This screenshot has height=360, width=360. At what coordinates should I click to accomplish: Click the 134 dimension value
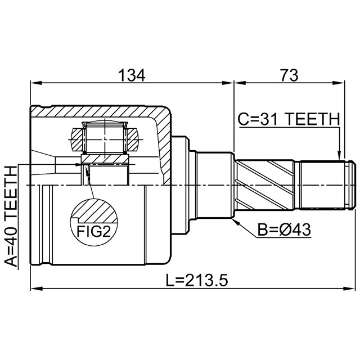(132, 75)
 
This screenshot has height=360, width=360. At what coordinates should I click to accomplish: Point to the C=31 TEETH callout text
(289, 119)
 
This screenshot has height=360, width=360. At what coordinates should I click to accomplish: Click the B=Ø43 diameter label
(284, 229)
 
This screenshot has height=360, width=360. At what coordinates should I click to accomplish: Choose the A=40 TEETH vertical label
(11, 216)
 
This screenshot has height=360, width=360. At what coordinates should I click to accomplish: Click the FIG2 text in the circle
(93, 231)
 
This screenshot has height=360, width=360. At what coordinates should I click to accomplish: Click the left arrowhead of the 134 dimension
(36, 83)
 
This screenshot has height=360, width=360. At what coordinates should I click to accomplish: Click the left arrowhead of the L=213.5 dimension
(36, 289)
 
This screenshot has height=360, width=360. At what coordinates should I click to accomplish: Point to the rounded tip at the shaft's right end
(353, 185)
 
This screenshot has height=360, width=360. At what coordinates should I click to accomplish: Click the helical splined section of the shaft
(264, 185)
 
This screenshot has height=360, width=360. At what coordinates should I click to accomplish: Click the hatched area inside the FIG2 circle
(96, 211)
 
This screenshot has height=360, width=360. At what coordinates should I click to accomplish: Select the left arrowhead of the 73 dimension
(240, 83)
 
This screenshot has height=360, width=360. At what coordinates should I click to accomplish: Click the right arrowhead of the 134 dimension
(228, 83)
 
